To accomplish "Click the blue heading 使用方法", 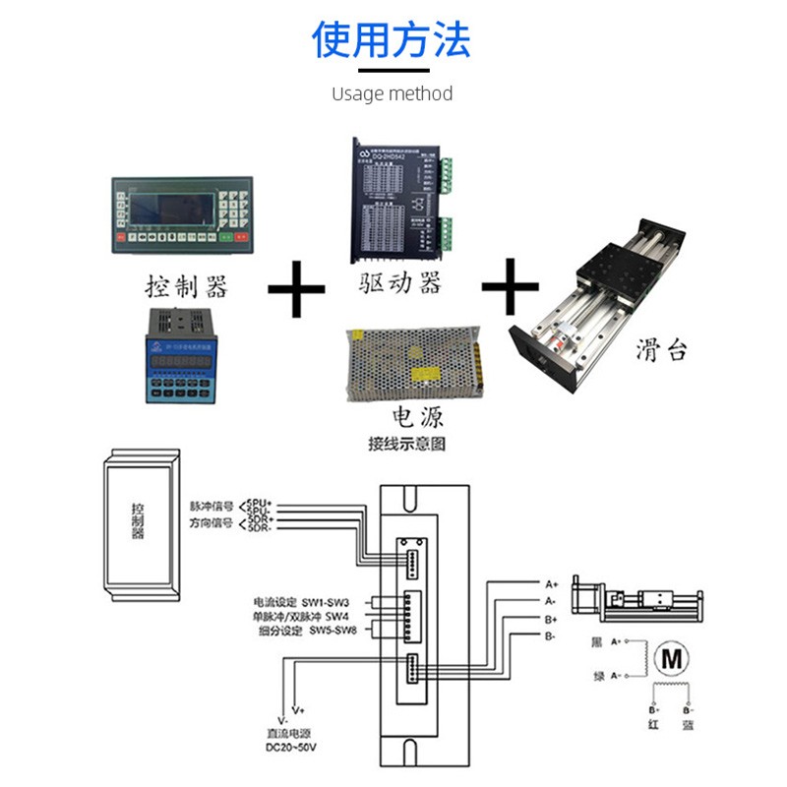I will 392,39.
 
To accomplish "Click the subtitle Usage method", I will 392,94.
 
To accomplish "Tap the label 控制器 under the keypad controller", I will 186,287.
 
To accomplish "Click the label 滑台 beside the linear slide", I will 661,350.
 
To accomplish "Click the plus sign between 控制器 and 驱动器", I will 296,286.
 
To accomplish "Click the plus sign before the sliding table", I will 511,286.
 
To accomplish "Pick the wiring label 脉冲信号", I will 212,506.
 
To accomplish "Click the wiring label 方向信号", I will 212,523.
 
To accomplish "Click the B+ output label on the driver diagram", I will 551,620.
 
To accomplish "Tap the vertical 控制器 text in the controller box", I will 138,521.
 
